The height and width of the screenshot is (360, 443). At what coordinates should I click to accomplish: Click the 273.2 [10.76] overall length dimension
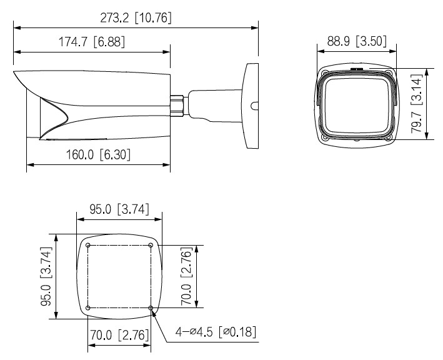point(136,18)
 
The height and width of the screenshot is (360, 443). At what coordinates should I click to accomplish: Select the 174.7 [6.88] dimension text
point(92,42)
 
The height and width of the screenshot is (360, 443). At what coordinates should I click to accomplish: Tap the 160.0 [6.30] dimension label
point(98,154)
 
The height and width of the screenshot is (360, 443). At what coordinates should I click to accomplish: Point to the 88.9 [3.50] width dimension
point(357,41)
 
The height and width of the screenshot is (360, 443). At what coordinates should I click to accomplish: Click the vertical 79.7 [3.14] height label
point(416,104)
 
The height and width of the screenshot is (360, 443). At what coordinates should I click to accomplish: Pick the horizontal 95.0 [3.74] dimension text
point(119,209)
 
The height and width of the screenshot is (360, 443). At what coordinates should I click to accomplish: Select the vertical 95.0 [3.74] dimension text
point(46,276)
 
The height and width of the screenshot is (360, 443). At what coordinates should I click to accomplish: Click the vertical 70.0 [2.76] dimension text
point(186,276)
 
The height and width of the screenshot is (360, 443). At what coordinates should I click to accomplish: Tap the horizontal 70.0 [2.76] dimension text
point(119,335)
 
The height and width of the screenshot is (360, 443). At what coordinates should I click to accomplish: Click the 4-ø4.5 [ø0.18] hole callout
point(216,331)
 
